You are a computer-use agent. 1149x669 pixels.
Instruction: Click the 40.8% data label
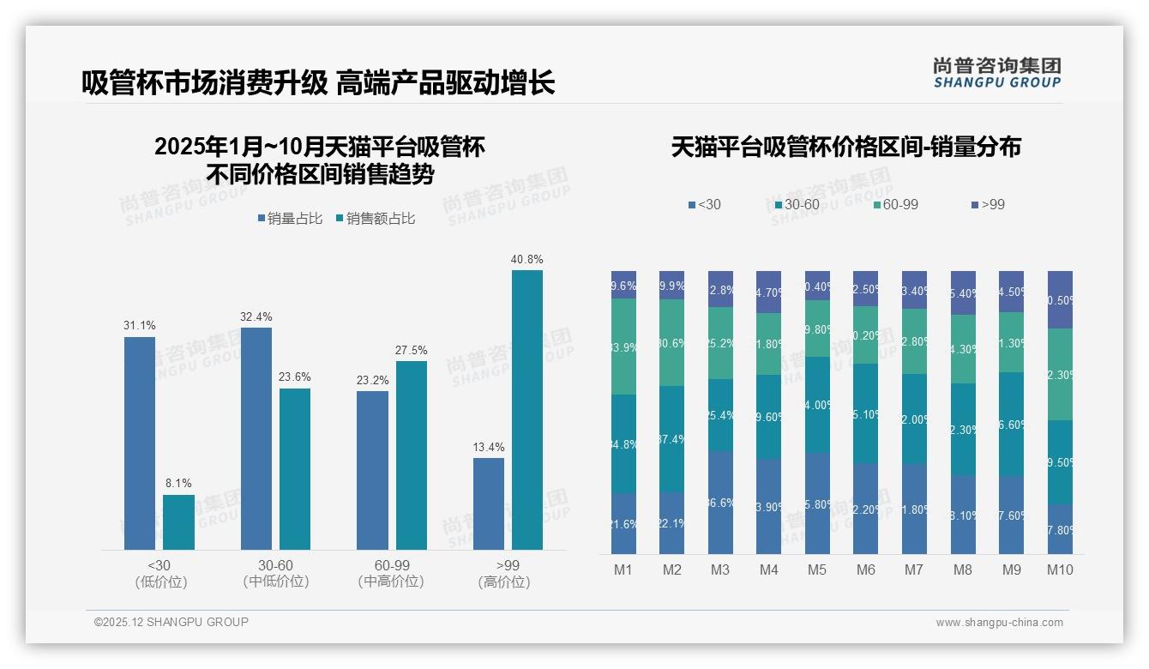coord(526,259)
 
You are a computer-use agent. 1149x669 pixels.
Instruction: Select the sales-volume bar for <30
coord(140,443)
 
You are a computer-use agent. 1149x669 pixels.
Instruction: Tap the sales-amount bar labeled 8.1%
coord(178,521)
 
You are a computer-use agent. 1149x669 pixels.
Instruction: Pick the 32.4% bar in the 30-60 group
coord(256,438)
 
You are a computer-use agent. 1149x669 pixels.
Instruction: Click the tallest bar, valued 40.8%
coord(526,410)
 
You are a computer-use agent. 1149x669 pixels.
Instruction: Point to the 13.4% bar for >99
coord(489,503)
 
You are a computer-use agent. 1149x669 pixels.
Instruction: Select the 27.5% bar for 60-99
coord(412,455)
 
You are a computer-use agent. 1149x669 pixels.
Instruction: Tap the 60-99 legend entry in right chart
coord(895,204)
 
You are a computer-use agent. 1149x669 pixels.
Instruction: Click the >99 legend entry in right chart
coord(988,204)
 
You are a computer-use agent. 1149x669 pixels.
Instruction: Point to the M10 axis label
coord(1060,570)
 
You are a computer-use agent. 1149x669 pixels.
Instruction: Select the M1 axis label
coord(623,570)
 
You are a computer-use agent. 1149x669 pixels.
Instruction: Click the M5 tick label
coord(817,570)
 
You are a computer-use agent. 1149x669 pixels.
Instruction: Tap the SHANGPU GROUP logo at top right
coord(996,73)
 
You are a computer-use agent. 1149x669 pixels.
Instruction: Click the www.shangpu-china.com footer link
coord(999,623)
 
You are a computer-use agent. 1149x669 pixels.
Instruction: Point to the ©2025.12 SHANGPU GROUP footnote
coord(171,622)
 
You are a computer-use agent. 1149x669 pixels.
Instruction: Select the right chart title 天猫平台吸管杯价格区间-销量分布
coord(845,147)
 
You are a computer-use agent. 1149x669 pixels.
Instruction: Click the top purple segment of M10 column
coord(1060,299)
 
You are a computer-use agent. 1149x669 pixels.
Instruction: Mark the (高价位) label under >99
coord(504,582)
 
